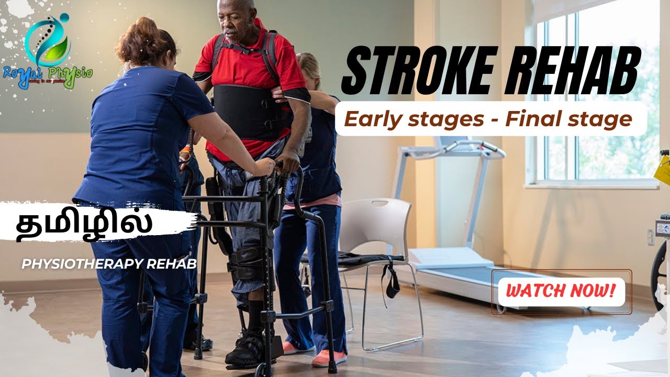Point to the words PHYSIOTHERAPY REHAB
point(109,264)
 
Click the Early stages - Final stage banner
point(488,119)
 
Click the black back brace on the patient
point(246,113)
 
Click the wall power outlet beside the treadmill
point(651,237)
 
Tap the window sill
point(591,184)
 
